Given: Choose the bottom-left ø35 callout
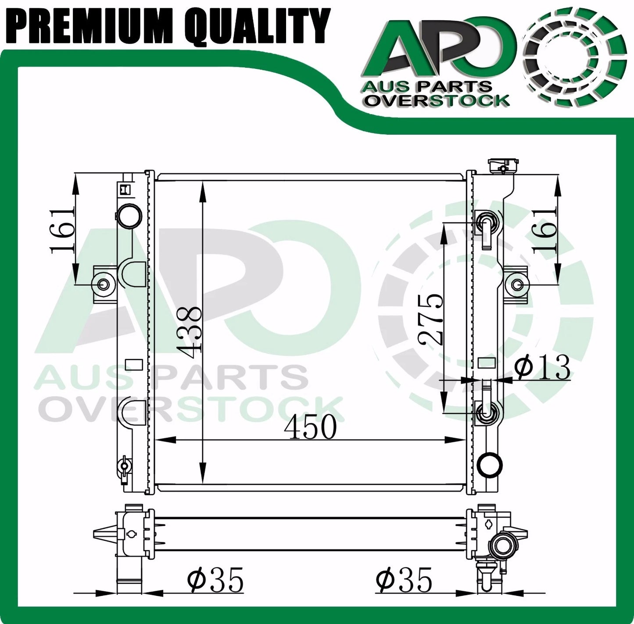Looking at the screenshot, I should point(215,580).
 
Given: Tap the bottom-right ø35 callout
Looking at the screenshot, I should point(404,580).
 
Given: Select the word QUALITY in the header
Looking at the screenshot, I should point(256,24).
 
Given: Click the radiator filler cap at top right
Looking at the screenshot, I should point(500,166).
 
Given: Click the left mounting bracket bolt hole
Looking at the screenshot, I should point(104,284).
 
